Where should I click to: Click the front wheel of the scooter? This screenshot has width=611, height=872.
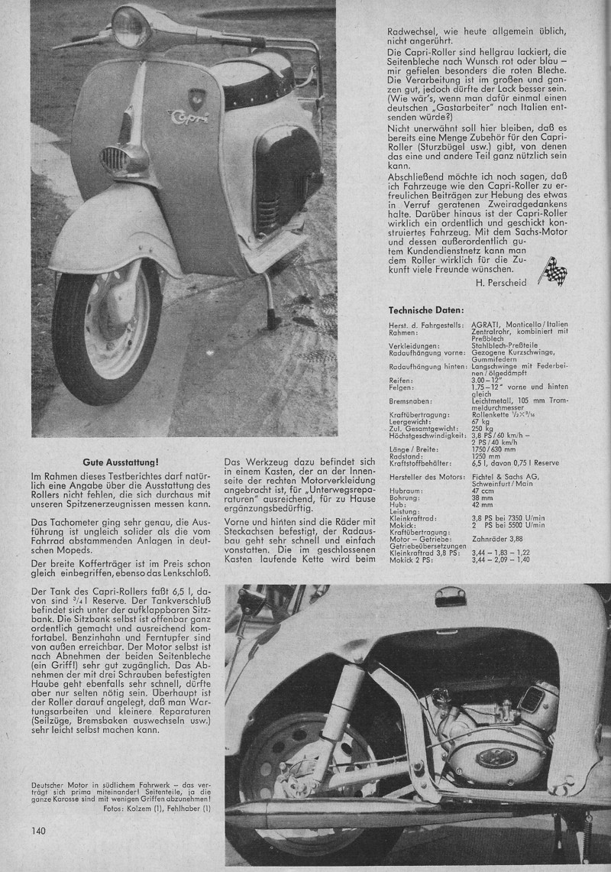[107, 329]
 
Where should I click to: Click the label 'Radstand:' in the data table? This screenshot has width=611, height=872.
[405, 455]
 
